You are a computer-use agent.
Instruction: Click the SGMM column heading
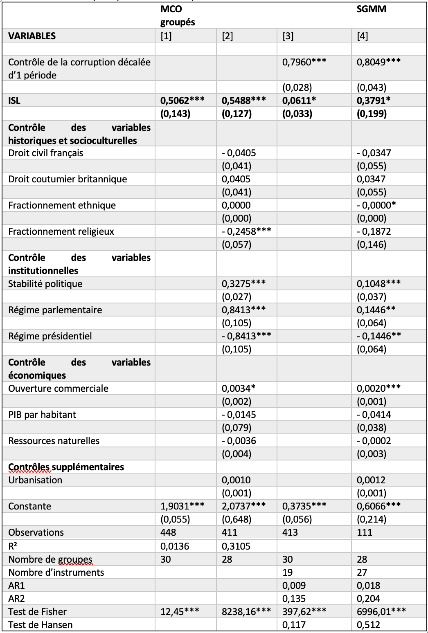371,9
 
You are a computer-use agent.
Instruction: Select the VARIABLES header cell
32,36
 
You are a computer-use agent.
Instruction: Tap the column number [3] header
288,36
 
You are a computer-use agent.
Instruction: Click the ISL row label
14,101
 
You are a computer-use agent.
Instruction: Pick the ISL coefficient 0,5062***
182,101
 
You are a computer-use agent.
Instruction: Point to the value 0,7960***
304,62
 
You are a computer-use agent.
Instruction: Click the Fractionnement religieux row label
61,231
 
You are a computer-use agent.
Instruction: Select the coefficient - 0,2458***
246,231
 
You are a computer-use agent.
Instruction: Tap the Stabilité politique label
45,284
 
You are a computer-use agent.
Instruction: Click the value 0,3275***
243,284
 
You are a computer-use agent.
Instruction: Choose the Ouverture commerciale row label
58,388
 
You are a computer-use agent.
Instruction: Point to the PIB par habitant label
42,415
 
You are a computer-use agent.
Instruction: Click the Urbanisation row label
35,480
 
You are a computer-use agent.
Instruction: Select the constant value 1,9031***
182,506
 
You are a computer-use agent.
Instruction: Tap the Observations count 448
168,532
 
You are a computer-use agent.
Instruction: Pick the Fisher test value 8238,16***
246,612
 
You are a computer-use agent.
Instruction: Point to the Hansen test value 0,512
368,625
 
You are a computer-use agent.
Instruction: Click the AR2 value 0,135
294,599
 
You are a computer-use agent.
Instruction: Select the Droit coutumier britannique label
68,179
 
